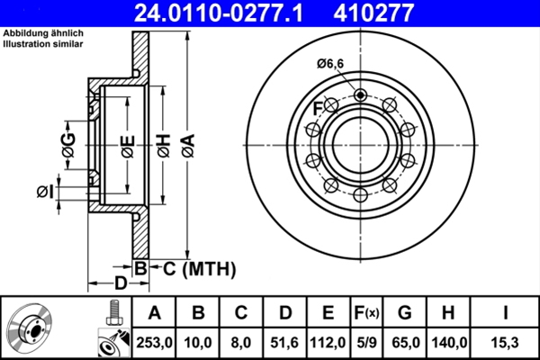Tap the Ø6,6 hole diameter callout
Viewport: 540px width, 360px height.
(x=331, y=63)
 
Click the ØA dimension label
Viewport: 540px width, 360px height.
(x=187, y=144)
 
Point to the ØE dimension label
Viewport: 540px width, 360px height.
(x=128, y=144)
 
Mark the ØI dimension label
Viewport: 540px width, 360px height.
(x=44, y=191)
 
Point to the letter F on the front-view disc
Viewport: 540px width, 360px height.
(x=318, y=109)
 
